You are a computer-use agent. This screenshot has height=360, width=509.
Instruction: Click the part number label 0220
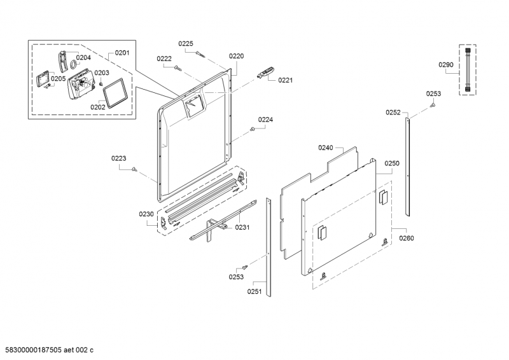236,56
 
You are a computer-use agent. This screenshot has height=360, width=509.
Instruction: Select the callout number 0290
446,65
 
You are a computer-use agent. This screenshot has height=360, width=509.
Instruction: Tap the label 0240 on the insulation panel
325,148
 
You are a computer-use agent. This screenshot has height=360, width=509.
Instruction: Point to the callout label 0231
242,227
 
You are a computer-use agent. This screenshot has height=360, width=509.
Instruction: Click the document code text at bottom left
46,350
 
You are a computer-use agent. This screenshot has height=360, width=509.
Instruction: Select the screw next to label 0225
200,54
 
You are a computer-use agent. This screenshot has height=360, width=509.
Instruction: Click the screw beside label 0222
178,68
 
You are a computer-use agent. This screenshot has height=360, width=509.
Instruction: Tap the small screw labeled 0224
252,129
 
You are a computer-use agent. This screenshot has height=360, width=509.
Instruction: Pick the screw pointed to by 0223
134,169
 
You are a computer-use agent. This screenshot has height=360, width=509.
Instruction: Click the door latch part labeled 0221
265,72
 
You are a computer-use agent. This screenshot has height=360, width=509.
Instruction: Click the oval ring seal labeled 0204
73,64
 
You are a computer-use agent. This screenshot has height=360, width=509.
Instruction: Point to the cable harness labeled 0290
468,70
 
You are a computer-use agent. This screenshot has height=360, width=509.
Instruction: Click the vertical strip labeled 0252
407,167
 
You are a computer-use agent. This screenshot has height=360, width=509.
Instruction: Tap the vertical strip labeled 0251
268,247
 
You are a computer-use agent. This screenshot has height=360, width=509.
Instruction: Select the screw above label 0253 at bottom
244,268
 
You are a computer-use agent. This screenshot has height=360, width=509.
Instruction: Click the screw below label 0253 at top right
432,105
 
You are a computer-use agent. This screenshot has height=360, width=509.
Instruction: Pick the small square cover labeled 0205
41,80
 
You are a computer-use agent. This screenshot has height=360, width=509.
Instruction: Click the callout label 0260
407,239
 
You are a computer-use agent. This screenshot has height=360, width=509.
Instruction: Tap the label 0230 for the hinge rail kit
146,214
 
